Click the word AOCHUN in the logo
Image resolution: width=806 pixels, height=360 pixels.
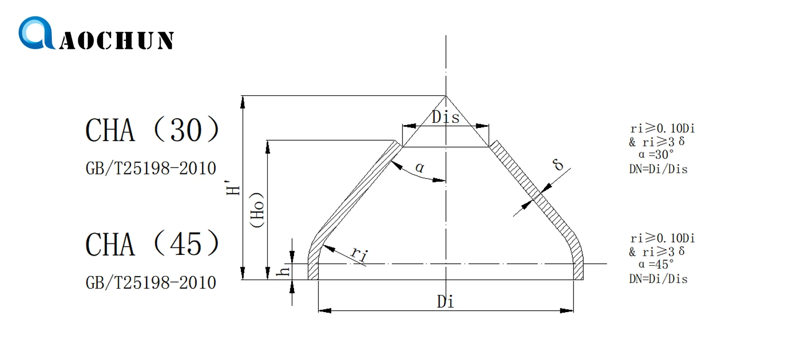click(117, 41)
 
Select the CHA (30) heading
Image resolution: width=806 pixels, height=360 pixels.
click(152, 130)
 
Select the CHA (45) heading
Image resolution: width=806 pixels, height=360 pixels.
click(152, 244)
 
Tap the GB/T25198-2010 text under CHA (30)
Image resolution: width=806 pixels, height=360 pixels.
click(150, 169)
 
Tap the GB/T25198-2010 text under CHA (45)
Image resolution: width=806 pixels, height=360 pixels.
click(150, 283)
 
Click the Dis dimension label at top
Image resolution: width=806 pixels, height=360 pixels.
click(445, 117)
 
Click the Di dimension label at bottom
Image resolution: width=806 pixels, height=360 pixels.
click(445, 302)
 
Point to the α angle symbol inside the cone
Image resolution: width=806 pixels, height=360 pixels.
click(420, 168)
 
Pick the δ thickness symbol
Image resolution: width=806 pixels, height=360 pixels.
click(558, 165)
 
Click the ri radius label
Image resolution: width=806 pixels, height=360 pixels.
click(359, 254)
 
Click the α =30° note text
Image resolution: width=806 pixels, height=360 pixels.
click(656, 155)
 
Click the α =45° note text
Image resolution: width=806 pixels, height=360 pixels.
click(656, 265)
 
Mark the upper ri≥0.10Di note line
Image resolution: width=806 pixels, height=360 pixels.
click(662, 128)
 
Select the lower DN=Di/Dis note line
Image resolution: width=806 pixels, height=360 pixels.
click(658, 279)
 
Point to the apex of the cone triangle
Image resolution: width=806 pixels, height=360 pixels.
click(445, 96)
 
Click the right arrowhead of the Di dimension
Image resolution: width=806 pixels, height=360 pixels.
click(568, 311)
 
